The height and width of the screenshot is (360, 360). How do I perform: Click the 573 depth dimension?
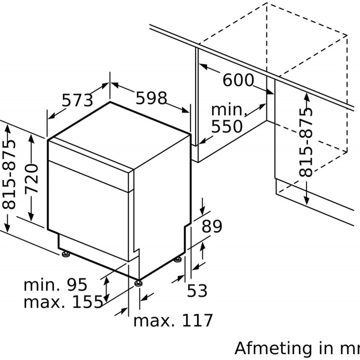[x=77, y=100]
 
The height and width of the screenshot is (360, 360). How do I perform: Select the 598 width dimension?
[x=151, y=98]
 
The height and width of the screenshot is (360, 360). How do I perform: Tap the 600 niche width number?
[x=238, y=80]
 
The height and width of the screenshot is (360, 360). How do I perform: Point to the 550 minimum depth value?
[x=227, y=126]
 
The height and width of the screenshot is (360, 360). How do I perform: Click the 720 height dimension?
[x=31, y=178]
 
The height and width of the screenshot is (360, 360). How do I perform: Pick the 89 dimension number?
[x=212, y=226]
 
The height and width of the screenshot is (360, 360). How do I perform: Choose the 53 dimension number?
[x=197, y=290]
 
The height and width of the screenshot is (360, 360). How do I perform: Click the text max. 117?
[x=173, y=320]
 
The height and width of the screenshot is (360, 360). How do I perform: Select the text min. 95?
[x=55, y=285]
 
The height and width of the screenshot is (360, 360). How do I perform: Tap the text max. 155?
[x=63, y=301]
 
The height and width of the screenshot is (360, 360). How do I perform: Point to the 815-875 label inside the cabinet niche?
[x=306, y=142]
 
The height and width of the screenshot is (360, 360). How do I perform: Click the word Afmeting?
[x=273, y=348]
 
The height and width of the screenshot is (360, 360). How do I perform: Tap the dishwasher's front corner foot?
[x=138, y=283]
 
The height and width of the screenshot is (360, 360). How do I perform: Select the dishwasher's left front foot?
[x=66, y=254]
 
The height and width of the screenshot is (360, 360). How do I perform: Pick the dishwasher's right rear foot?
[x=177, y=260]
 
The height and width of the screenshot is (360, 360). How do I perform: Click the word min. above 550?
[x=229, y=110]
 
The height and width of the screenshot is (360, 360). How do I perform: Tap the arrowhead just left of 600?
[x=203, y=67]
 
